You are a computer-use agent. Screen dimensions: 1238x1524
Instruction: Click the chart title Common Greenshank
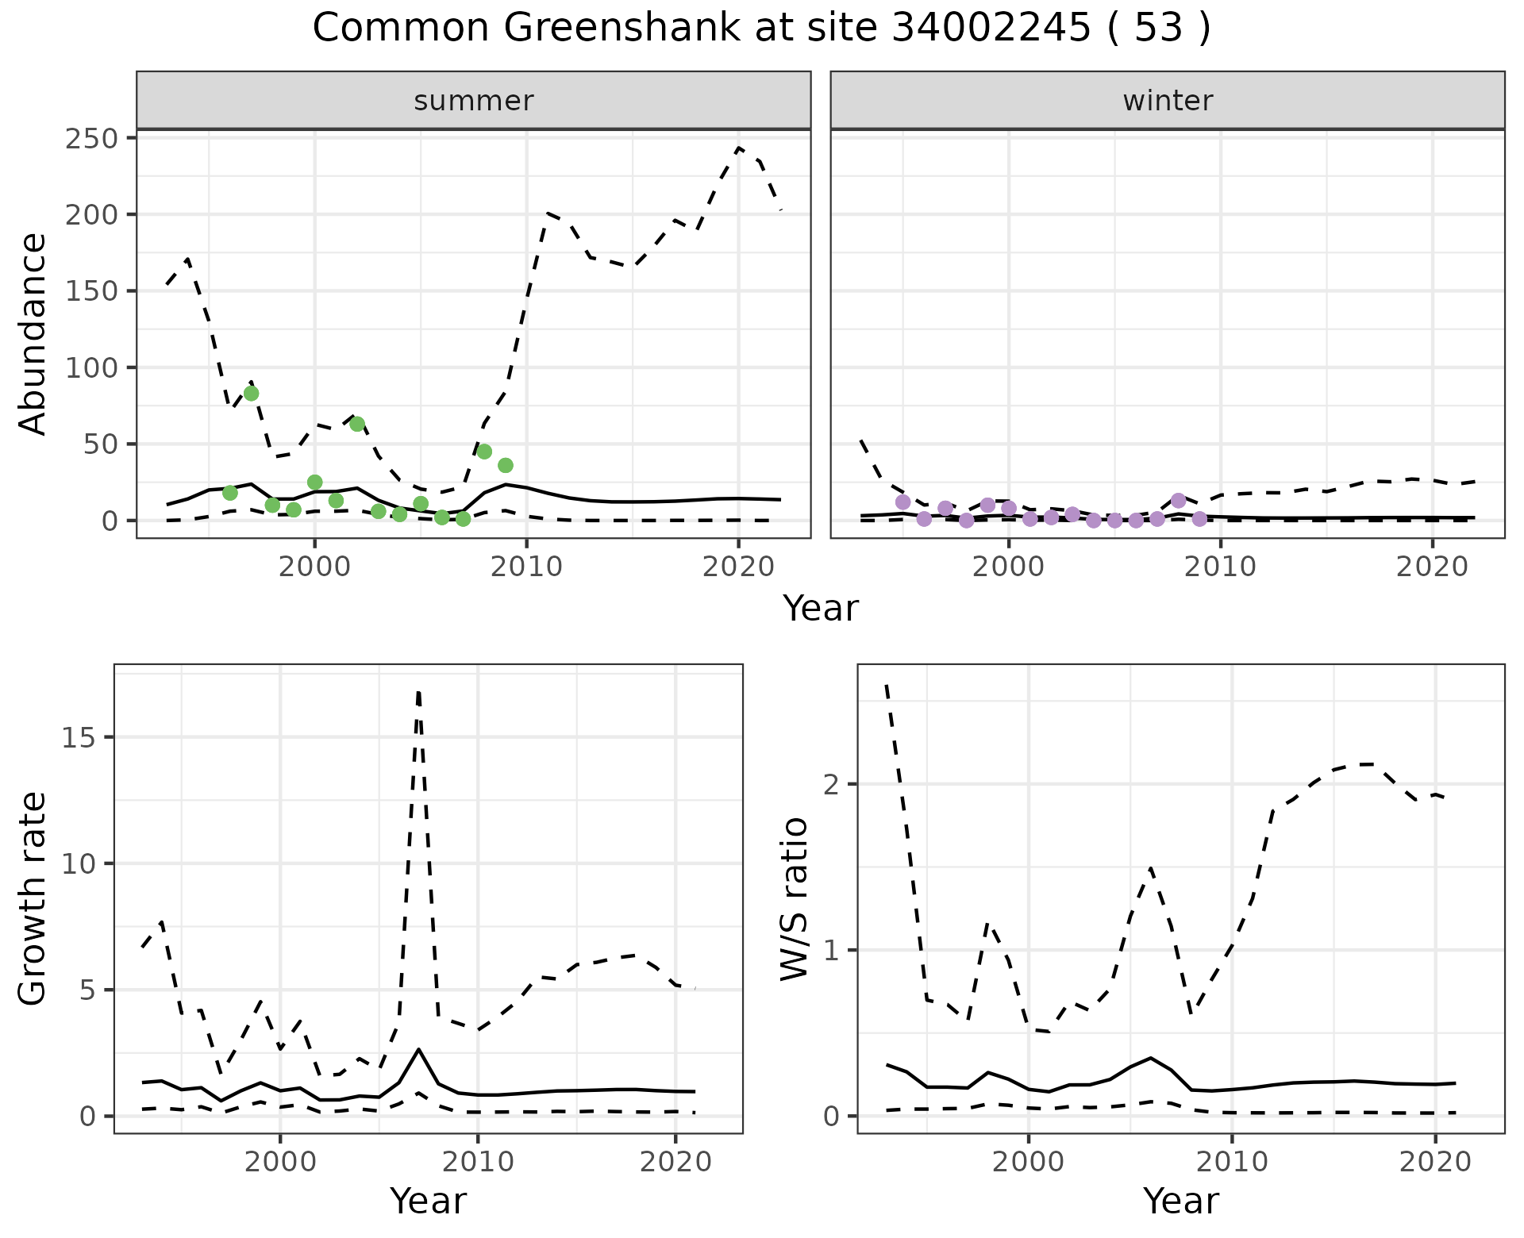click(761, 29)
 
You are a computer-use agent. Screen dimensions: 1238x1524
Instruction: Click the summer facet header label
click(474, 101)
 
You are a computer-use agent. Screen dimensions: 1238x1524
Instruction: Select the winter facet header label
click(1168, 101)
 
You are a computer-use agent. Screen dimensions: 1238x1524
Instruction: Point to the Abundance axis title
click(33, 333)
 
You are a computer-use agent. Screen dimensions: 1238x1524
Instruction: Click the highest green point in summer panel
click(252, 394)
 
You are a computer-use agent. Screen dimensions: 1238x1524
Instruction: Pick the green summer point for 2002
click(357, 424)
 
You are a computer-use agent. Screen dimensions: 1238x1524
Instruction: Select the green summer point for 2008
click(484, 452)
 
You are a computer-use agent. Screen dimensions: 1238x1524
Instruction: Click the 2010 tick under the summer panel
click(526, 567)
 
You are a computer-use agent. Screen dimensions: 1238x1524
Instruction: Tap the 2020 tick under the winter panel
click(1433, 567)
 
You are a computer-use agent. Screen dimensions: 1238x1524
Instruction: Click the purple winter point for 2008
click(1178, 501)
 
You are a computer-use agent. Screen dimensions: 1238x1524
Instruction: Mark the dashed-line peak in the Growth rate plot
click(418, 692)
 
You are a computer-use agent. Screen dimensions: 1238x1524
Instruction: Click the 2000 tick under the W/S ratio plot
click(1029, 1163)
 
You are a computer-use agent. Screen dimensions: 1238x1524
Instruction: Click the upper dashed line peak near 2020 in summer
click(739, 148)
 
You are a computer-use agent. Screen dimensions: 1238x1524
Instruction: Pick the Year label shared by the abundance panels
click(821, 609)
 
